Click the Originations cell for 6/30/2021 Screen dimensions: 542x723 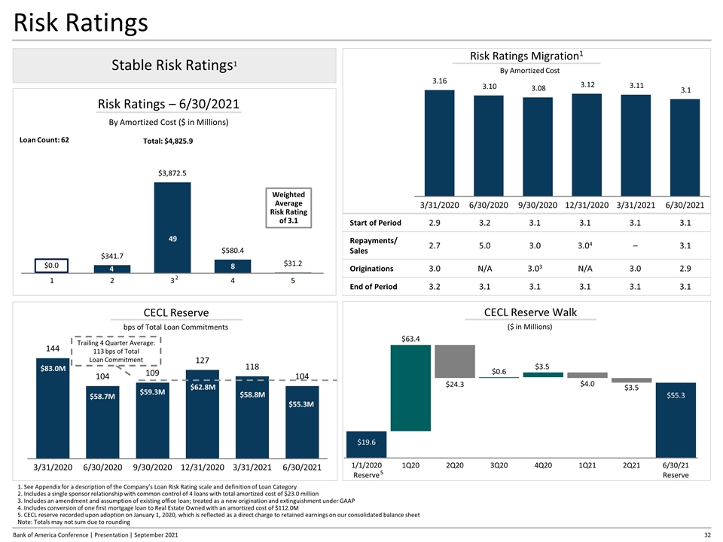point(683,269)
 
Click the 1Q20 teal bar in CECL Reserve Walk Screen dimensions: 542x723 point(410,388)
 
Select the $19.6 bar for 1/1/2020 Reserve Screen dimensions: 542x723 point(367,444)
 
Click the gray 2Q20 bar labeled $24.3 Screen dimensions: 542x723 point(455,361)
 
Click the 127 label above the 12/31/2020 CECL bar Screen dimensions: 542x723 point(203,360)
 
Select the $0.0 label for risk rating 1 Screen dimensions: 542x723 point(53,265)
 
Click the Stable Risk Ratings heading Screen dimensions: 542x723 point(172,65)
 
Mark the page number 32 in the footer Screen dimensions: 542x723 point(706,534)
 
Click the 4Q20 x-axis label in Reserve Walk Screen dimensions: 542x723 point(542,466)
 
